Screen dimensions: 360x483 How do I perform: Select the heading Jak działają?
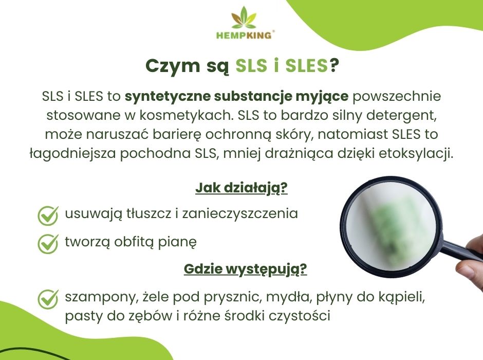pyautogui.click(x=241, y=188)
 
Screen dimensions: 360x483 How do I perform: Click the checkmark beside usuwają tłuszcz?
pyautogui.click(x=48, y=215)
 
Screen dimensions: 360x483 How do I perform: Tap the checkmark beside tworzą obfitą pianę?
pyautogui.click(x=48, y=243)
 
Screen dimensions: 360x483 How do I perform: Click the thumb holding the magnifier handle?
pyautogui.click(x=470, y=269)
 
